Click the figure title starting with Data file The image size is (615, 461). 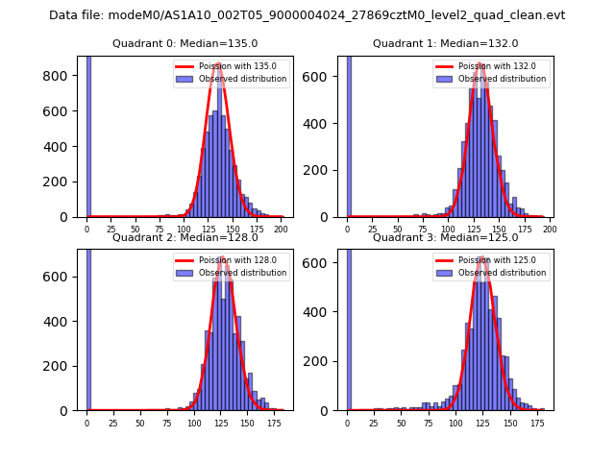[x=307, y=15]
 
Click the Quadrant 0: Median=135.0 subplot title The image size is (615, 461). [x=185, y=43]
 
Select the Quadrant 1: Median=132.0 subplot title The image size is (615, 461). [x=446, y=43]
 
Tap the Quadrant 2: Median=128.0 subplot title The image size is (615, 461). [x=185, y=237]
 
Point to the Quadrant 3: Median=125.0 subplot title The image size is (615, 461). [x=446, y=237]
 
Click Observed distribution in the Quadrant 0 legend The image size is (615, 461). [x=243, y=79]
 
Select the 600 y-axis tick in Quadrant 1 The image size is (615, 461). [x=324, y=76]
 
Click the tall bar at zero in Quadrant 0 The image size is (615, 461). [x=88, y=134]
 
